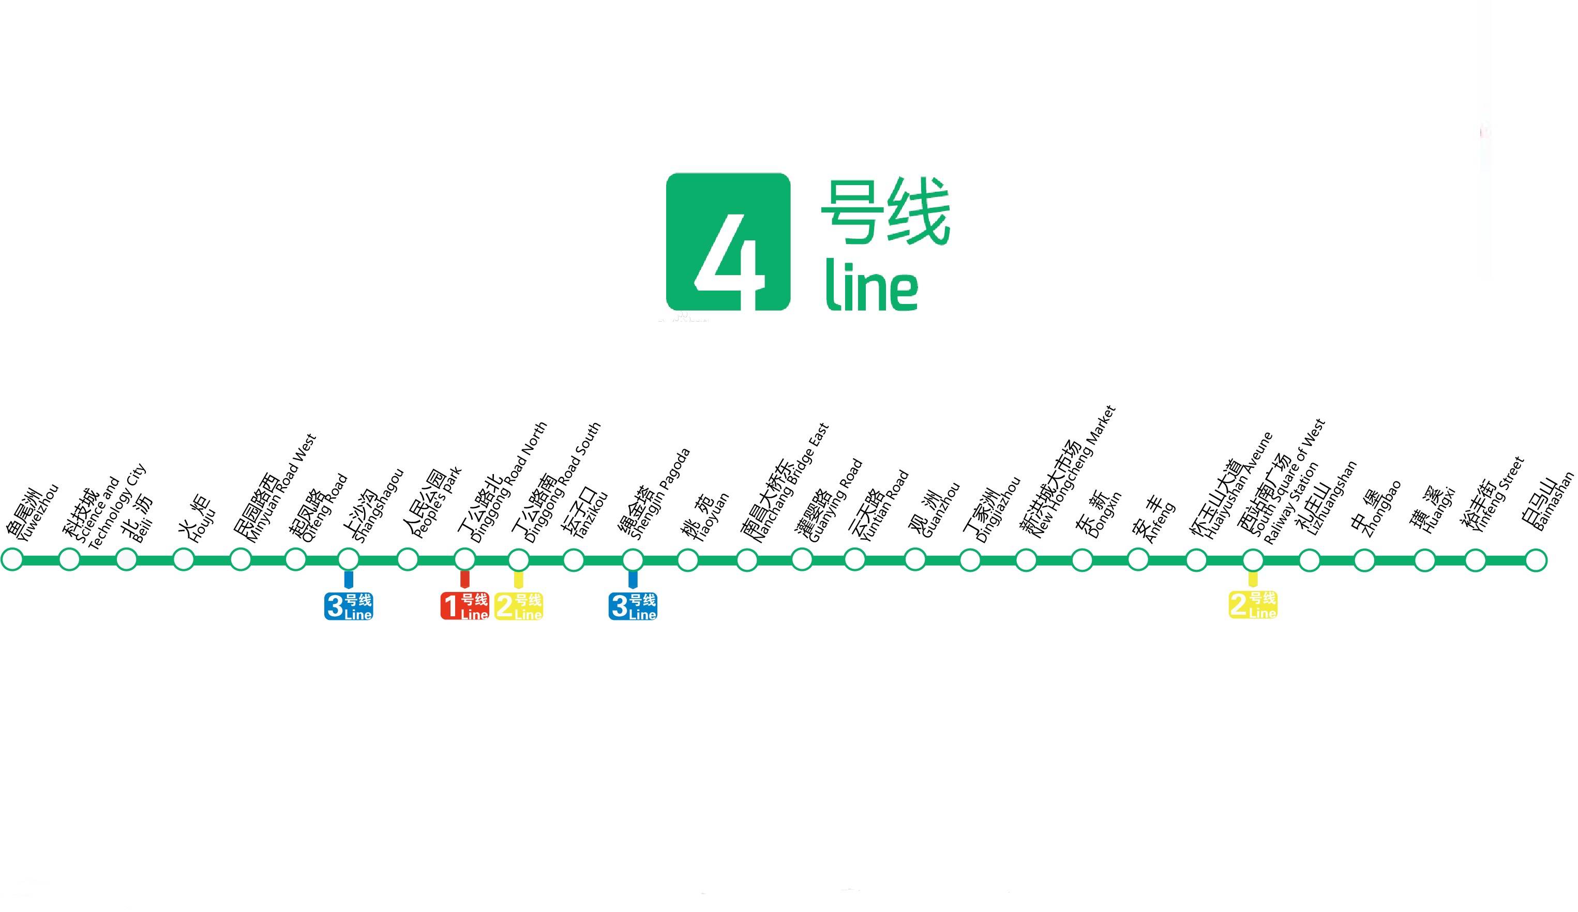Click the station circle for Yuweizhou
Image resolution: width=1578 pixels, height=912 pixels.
[12, 559]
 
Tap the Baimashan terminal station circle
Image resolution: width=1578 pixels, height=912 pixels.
[1536, 559]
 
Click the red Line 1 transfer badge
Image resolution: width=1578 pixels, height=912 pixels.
[464, 605]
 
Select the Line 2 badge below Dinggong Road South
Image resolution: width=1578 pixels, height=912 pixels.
[518, 605]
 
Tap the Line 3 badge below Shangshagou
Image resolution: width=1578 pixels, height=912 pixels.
[349, 605]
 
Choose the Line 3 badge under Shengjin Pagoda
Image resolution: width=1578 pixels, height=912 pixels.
[633, 605]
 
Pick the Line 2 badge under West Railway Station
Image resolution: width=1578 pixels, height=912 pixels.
[1252, 604]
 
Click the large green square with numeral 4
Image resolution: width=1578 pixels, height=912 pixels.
[728, 241]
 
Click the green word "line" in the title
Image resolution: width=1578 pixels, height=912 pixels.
[871, 285]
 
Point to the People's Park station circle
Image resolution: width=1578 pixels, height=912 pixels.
[408, 559]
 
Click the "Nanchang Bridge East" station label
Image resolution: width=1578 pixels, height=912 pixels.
[786, 485]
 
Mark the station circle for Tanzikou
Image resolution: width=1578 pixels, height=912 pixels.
[574, 559]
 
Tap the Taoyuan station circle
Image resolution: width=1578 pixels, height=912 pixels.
[687, 559]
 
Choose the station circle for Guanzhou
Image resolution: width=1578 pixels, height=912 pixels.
[915, 559]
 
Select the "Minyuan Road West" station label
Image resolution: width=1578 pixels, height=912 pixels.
[276, 491]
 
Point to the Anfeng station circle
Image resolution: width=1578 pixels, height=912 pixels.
[1138, 559]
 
